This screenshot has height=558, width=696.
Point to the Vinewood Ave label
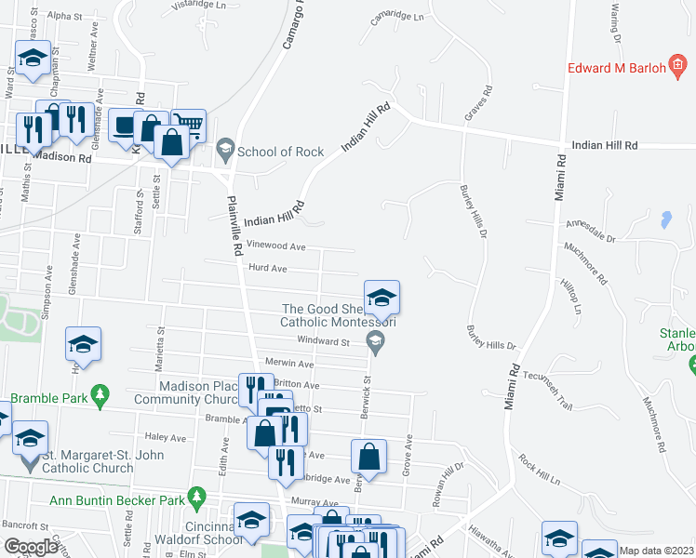(277, 246)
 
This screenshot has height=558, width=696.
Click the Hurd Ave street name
(267, 269)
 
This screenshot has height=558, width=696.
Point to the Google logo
(32, 547)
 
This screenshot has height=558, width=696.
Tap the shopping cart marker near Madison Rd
(188, 126)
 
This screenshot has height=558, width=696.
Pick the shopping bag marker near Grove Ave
(369, 457)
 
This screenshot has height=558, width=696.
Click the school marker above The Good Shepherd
(381, 299)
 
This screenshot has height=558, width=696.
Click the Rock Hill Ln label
(541, 471)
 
